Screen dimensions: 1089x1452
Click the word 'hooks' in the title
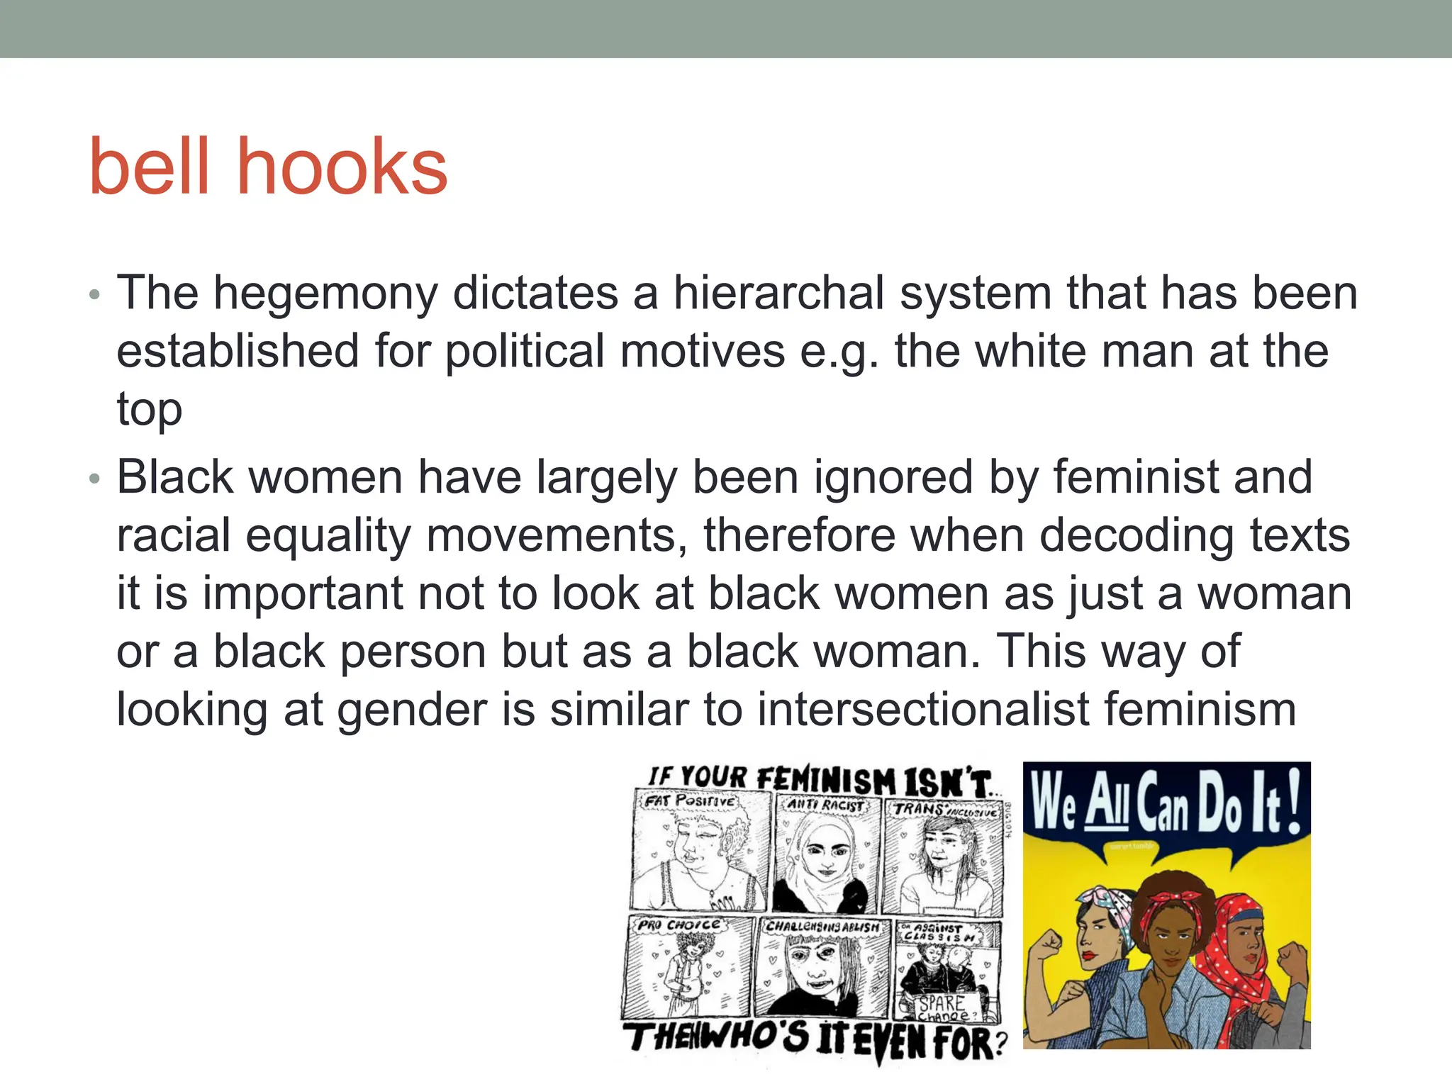pos(342,167)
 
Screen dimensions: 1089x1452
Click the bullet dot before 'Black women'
pos(95,479)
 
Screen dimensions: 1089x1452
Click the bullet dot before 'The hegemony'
pos(95,295)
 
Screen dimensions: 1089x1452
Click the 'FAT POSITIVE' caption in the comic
pos(690,802)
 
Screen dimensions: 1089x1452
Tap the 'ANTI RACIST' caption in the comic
pos(826,805)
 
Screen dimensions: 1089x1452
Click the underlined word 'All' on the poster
pos(1107,804)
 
